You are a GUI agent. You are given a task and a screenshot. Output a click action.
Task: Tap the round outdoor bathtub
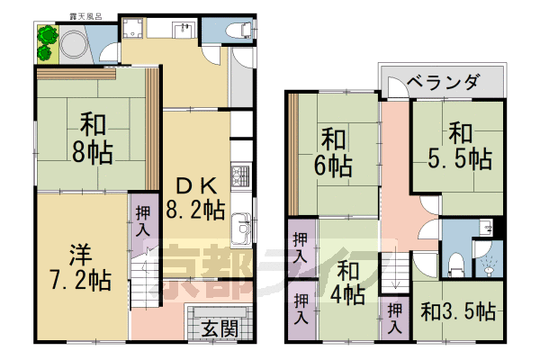pos(71,43)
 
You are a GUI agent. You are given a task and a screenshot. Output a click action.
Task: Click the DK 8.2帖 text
pos(200,198)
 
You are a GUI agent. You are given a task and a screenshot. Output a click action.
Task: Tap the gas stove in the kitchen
pos(240,174)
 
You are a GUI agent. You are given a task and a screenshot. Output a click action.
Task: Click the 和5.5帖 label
pos(458,146)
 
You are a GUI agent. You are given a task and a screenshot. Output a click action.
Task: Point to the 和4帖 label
pos(346,283)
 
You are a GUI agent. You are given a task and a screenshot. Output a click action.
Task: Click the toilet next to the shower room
pos(455,264)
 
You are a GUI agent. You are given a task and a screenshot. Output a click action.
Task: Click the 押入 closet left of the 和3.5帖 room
pos(394,318)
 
